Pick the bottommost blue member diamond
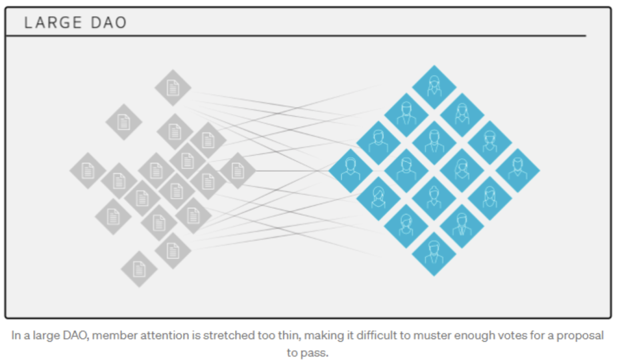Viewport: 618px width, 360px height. pyautogui.click(x=434, y=254)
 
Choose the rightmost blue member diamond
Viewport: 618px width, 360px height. pyautogui.click(x=517, y=171)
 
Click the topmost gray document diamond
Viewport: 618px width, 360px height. pyautogui.click(x=173, y=88)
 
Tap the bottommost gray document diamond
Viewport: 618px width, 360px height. pyautogui.click(x=139, y=268)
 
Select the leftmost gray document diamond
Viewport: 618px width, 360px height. pyautogui.click(x=88, y=171)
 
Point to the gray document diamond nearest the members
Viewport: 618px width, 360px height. pyautogui.click(x=237, y=171)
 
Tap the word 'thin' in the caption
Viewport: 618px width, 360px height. pyautogui.click(x=261, y=335)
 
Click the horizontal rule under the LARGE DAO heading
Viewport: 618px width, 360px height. pyautogui.click(x=295, y=36)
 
